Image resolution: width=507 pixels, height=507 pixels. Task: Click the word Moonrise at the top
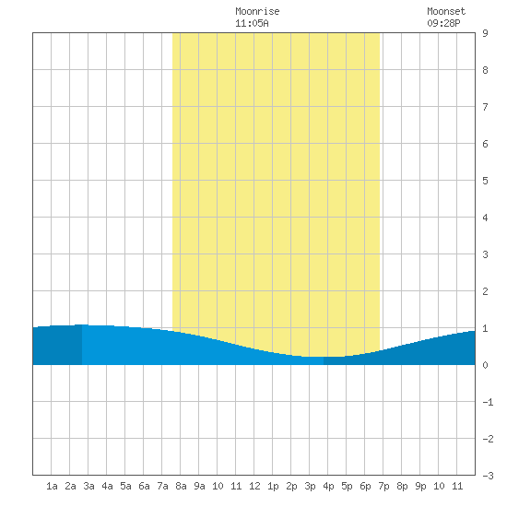coord(257,11)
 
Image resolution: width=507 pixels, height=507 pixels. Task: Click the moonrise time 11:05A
coord(252,23)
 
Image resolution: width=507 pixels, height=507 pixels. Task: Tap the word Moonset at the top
coord(446,11)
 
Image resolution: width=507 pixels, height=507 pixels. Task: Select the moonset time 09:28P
coord(443,23)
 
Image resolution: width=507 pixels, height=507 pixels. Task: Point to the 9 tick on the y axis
coord(485,33)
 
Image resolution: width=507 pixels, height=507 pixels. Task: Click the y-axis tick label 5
coord(485,181)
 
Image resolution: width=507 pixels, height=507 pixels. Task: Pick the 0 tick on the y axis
coord(485,365)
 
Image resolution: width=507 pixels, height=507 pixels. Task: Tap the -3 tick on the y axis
coord(488,476)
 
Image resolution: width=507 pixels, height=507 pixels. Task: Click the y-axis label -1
coord(488,402)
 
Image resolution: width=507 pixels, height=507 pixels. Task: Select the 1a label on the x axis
coord(52,486)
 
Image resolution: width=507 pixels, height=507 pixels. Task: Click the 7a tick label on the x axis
coord(162,486)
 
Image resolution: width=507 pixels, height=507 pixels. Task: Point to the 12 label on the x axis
coord(254,486)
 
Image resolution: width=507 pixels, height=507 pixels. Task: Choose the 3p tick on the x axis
coord(310,486)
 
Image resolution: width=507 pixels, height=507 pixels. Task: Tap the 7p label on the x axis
coord(383,486)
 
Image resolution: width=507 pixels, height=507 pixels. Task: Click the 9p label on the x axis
coord(420,486)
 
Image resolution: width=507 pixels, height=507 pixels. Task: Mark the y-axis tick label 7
coord(485,107)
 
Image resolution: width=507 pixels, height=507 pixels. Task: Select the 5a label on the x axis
coord(125,486)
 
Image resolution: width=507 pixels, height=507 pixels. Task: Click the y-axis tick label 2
coord(485,291)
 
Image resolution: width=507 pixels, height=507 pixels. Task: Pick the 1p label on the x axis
coord(273,486)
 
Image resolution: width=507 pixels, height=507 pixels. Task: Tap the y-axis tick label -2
coord(488,439)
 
